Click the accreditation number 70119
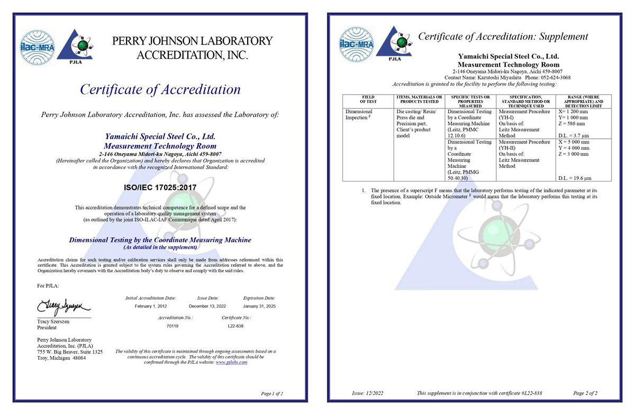pos(173,326)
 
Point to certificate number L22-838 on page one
pos(235,326)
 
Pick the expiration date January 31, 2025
pos(259,306)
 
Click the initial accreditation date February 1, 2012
pos(151,306)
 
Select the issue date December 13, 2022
pos(207,306)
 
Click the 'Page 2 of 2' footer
pos(585,393)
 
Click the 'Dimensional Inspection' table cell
pos(360,115)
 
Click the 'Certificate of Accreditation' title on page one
pos(160,89)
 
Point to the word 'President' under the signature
pos(48,328)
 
